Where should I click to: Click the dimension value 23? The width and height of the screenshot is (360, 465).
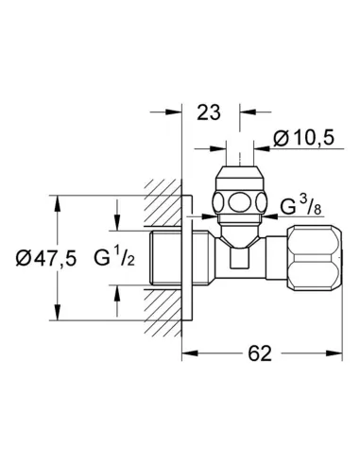[x=208, y=112]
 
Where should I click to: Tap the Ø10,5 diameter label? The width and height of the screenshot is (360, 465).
[x=303, y=138]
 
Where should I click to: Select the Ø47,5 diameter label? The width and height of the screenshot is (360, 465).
[x=46, y=258]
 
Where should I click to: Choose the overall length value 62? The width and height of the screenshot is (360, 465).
[x=260, y=353]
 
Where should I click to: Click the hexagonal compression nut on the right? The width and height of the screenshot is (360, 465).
[x=315, y=258]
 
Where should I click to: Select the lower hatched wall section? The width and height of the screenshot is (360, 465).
[x=163, y=312]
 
